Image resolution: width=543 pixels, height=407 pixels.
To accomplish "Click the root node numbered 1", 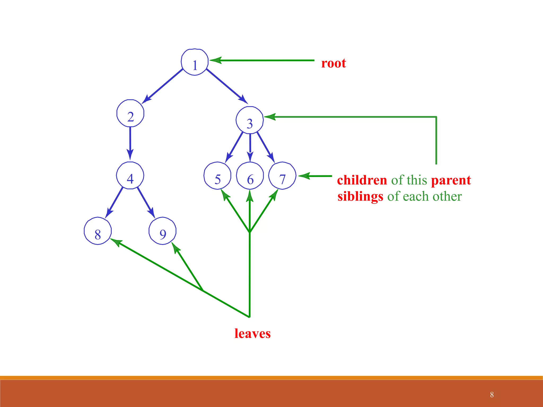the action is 195,62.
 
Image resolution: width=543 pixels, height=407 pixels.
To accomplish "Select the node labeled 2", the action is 130,113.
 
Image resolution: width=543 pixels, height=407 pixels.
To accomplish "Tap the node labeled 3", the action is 249,120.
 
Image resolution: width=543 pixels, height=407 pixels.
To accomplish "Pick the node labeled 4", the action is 130,175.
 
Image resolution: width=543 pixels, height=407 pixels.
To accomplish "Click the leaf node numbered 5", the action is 217,176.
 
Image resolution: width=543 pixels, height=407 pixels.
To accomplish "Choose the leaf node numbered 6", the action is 250,176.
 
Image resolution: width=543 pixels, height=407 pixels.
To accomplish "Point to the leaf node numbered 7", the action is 282,176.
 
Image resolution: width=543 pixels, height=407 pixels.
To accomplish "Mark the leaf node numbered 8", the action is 98,231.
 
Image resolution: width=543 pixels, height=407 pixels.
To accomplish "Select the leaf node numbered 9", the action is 162,231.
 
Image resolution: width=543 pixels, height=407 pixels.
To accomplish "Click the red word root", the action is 334,63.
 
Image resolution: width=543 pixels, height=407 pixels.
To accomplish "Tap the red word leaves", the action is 252,333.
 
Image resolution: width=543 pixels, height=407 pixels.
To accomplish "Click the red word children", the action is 362,180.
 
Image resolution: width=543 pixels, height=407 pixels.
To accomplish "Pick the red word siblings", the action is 360,197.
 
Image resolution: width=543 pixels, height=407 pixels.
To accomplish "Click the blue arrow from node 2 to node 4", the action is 130,143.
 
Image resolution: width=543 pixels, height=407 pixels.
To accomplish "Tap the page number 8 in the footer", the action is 492,395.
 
